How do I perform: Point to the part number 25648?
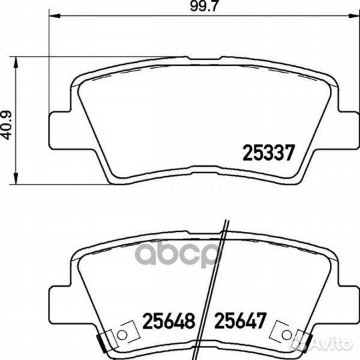point(167,320)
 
